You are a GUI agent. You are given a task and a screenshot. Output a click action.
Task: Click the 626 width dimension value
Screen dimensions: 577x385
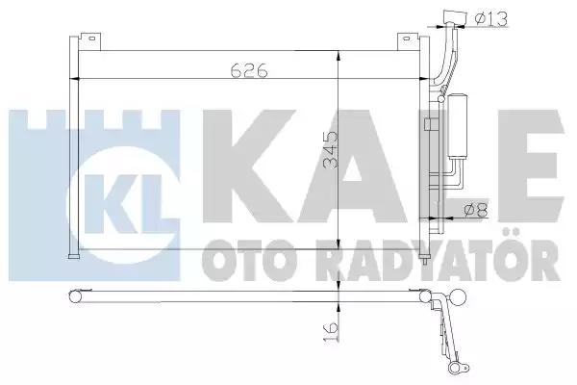coord(249,70)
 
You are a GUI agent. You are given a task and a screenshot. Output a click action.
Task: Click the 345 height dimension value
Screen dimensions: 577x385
coord(331,149)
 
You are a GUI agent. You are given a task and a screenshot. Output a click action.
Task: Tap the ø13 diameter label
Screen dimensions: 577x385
coord(490,18)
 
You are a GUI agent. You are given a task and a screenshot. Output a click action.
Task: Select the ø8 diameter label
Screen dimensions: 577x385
coord(476,211)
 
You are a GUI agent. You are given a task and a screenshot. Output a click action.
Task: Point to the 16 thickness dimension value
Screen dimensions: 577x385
coord(331,331)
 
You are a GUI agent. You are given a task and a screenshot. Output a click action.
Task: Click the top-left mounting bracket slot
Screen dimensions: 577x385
coord(91,38)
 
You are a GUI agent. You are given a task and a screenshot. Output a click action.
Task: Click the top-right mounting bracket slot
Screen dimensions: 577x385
coord(405,38)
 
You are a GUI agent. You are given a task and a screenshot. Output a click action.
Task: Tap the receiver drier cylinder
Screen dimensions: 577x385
coord(457,127)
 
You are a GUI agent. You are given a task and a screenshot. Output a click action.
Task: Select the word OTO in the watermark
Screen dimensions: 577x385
coord(249,261)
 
